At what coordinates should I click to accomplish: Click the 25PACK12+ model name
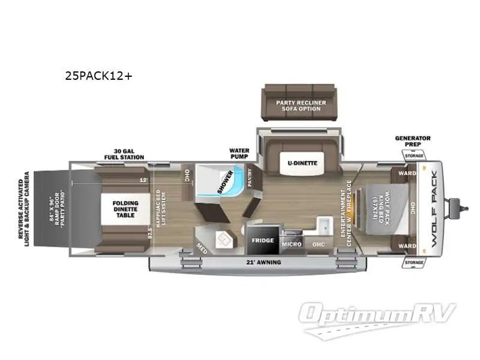click(98, 76)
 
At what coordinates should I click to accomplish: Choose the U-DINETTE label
click(301, 163)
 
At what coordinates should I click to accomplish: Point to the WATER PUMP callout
click(239, 154)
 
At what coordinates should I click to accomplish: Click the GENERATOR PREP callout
click(412, 142)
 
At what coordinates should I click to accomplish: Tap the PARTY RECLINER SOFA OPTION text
click(301, 106)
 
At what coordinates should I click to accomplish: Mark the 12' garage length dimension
click(143, 179)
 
